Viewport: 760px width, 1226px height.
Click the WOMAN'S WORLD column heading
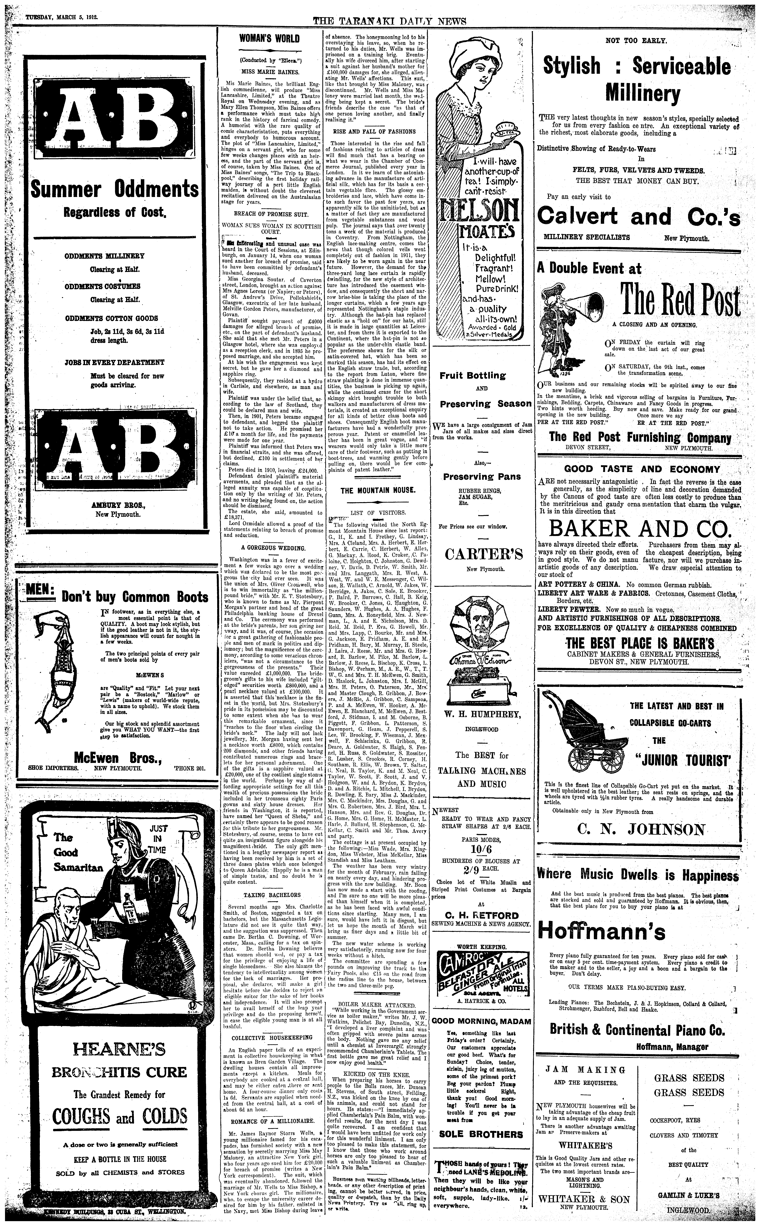pyautogui.click(x=269, y=38)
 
